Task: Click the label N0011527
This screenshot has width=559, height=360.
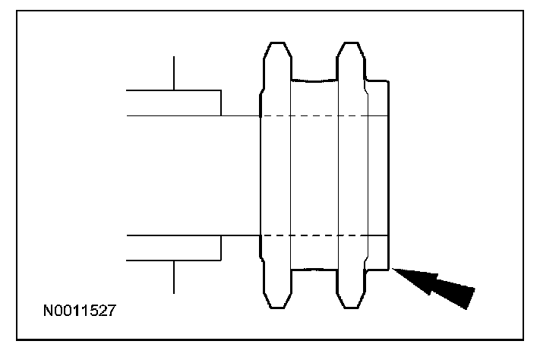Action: [80, 311]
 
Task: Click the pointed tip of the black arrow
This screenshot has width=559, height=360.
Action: [394, 270]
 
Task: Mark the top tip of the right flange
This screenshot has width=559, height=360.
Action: [350, 43]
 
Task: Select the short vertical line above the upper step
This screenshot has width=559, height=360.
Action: [174, 73]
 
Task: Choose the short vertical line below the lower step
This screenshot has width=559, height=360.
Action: [174, 276]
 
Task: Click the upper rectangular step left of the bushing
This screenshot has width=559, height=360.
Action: [174, 103]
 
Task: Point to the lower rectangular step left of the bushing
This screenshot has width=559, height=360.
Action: [174, 248]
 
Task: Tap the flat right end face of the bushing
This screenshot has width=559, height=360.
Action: [389, 175]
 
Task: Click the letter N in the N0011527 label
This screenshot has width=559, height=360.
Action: [48, 311]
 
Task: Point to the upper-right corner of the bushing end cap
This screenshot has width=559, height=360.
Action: [388, 79]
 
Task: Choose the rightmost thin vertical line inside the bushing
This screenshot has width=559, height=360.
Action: [368, 175]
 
